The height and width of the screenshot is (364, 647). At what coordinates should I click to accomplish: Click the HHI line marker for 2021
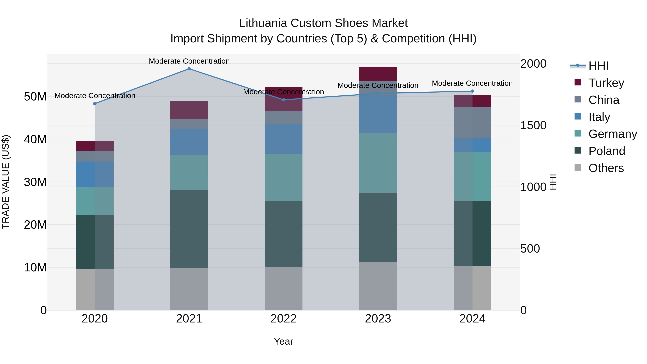pos(189,69)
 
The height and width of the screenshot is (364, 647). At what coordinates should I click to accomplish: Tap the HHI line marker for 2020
pos(95,104)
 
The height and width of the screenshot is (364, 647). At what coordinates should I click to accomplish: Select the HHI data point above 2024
pos(472,91)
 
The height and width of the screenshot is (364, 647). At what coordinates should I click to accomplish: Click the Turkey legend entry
pos(606,83)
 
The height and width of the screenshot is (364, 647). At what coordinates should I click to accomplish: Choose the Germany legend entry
pos(612,134)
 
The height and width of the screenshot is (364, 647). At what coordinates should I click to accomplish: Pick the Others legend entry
pos(606,168)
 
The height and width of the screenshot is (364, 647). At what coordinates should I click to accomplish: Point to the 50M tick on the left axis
pos(35,97)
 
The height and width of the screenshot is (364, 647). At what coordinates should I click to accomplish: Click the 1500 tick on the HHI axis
pos(533,125)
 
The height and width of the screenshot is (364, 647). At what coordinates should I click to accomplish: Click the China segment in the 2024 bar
pos(472,123)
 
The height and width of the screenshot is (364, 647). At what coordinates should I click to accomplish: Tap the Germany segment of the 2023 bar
pos(378,163)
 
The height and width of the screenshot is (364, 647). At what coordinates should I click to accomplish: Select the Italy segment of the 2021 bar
pos(189,142)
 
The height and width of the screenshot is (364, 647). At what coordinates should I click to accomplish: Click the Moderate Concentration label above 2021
pos(189,61)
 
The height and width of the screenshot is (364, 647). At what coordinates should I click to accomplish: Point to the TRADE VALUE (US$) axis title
pos(6,182)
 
